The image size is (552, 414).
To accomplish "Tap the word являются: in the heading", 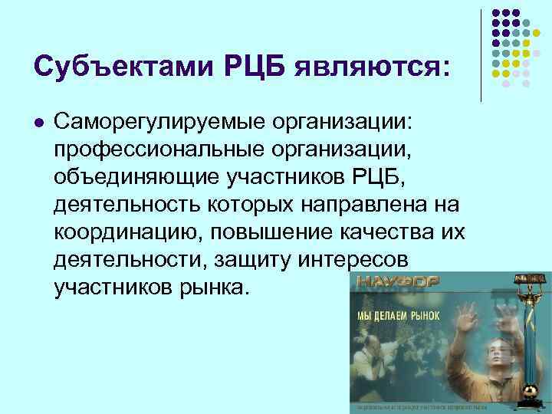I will [x=381, y=67].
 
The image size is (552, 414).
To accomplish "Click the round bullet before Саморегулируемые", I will [x=39, y=122].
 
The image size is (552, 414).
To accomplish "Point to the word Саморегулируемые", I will [x=152, y=122].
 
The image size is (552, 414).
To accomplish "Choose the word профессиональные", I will [x=149, y=149].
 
